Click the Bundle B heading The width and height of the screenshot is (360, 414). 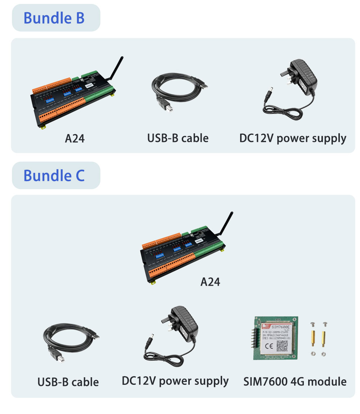click(x=54, y=18)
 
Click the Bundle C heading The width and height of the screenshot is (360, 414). click(x=54, y=175)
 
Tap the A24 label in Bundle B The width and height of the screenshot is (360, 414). click(x=75, y=138)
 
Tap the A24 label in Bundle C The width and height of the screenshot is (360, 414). click(x=210, y=282)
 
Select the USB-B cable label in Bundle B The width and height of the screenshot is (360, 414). click(x=178, y=138)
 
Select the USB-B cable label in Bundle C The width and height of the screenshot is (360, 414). click(x=68, y=382)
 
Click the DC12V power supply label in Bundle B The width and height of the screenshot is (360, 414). click(x=293, y=138)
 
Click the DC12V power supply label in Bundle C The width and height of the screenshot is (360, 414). click(x=175, y=381)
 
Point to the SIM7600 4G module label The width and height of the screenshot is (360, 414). click(x=295, y=382)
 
